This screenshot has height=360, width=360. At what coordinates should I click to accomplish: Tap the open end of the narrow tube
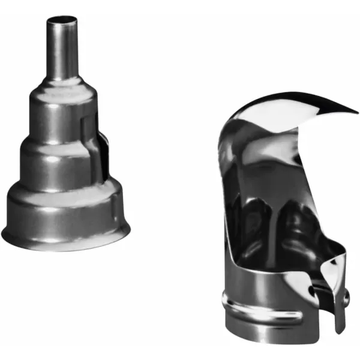click(x=62, y=20)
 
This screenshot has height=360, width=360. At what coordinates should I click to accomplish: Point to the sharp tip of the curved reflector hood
click(x=354, y=111)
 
